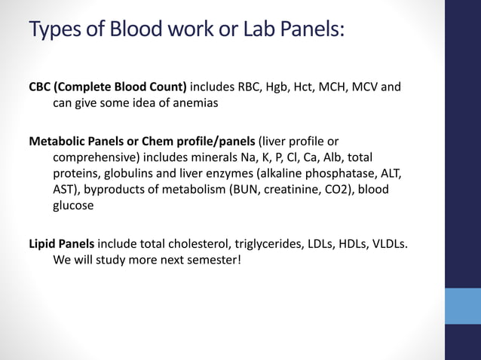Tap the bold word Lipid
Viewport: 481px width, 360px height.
click(43, 243)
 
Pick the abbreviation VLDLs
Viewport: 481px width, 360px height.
click(393, 243)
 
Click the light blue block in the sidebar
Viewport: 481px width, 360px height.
click(462, 305)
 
